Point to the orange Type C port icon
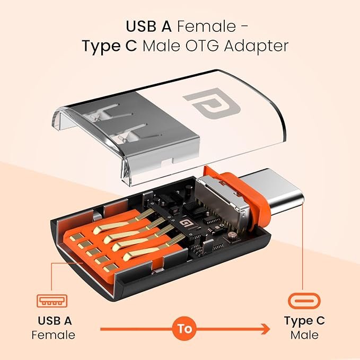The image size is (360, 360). [x=304, y=301]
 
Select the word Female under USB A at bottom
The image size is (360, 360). [x=53, y=335]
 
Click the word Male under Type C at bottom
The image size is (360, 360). [x=304, y=335]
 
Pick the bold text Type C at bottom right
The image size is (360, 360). [x=304, y=320]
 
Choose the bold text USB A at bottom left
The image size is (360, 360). [x=53, y=320]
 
